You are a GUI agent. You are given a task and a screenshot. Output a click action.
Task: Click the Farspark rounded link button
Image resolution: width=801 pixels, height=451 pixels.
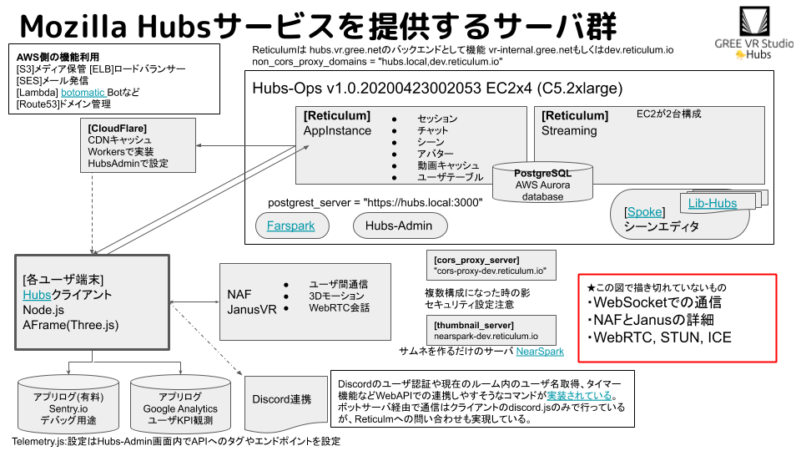[x=291, y=225]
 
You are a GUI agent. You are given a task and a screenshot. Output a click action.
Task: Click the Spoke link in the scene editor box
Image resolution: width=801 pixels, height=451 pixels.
[x=644, y=212]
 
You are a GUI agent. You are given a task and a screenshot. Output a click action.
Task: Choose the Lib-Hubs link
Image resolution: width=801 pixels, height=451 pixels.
[x=713, y=203]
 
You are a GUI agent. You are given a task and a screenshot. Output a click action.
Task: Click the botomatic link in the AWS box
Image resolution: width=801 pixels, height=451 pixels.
[x=83, y=92]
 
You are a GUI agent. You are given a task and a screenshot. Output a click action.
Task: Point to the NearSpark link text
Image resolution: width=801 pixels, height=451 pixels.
[x=540, y=352]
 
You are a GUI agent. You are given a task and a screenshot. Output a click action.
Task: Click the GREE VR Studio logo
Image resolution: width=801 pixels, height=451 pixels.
[x=754, y=33]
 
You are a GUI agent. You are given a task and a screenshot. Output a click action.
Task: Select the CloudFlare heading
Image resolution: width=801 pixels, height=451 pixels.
[x=117, y=128]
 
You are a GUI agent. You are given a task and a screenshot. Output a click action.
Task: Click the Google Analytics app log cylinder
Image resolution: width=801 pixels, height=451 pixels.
[x=180, y=408]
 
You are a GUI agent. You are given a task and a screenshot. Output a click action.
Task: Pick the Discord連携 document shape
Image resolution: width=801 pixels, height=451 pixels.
[x=281, y=400]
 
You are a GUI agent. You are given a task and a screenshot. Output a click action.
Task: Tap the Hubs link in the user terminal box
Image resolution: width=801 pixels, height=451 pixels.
[x=38, y=295]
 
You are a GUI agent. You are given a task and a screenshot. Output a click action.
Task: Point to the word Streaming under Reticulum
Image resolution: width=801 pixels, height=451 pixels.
[x=569, y=130]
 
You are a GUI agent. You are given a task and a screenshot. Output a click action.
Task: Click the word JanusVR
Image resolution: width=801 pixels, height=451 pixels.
[x=250, y=308]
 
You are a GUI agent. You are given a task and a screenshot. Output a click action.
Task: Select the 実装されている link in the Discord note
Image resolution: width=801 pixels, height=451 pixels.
[x=580, y=395]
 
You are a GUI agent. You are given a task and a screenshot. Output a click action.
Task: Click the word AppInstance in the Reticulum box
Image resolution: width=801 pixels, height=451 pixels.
[x=337, y=130]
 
